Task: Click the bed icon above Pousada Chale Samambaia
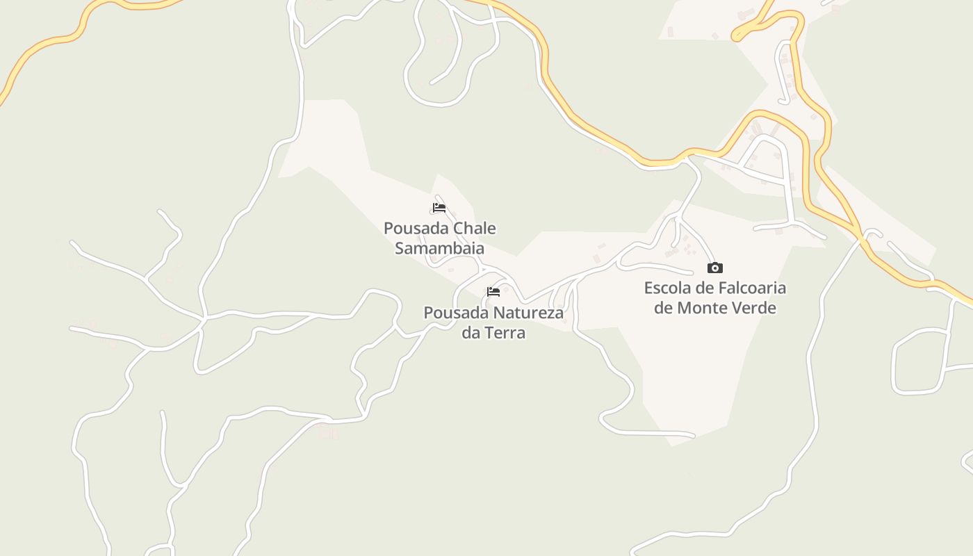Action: point(439,208)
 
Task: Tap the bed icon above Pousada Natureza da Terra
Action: point(493,292)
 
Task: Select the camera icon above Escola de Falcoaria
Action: point(714,268)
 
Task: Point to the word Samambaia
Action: point(439,248)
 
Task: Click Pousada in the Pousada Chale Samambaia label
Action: point(416,229)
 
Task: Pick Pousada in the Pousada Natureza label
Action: point(455,313)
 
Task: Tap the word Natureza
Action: point(528,313)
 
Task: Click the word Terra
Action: point(505,333)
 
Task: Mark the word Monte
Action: point(703,308)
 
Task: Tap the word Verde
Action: point(755,308)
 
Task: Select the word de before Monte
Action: point(663,308)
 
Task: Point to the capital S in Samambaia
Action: point(400,248)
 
